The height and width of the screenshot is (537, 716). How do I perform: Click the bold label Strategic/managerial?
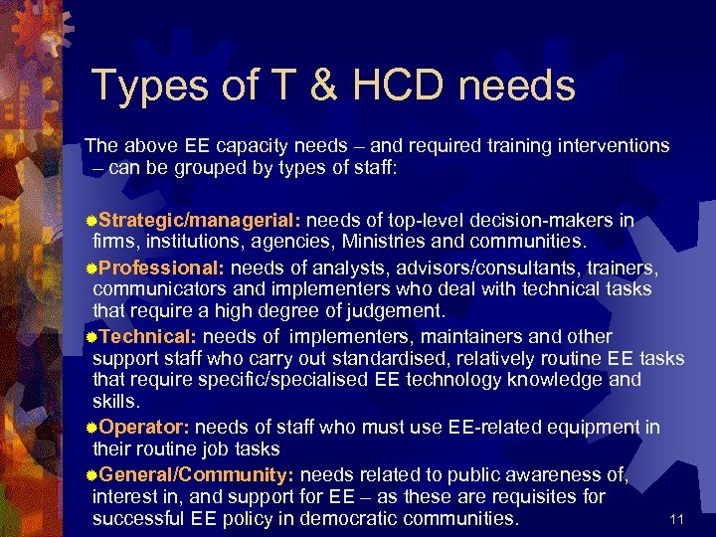pos(199,220)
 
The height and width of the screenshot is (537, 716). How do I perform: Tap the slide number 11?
pos(677,519)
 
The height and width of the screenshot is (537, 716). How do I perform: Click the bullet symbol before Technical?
pos(91,338)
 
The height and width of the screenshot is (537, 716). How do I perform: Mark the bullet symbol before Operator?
pos(91,429)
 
